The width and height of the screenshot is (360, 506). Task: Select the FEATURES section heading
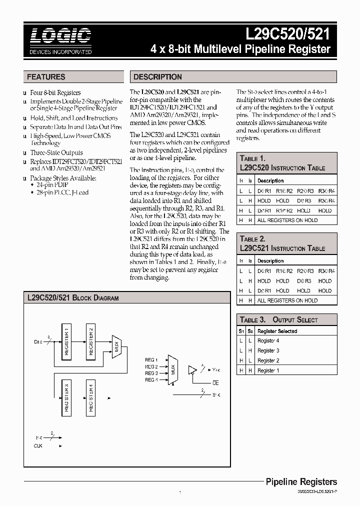point(46,77)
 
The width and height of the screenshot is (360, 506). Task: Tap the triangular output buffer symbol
point(191,370)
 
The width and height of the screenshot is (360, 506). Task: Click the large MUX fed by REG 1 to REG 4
point(172,370)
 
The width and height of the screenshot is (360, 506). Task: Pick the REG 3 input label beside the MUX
point(151,373)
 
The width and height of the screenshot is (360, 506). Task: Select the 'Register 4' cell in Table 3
point(268,341)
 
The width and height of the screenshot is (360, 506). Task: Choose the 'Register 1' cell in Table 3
point(268,370)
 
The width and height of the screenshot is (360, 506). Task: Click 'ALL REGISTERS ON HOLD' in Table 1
point(287,220)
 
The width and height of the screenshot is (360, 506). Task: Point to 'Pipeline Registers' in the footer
point(301,482)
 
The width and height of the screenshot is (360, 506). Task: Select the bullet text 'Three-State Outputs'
point(56,152)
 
